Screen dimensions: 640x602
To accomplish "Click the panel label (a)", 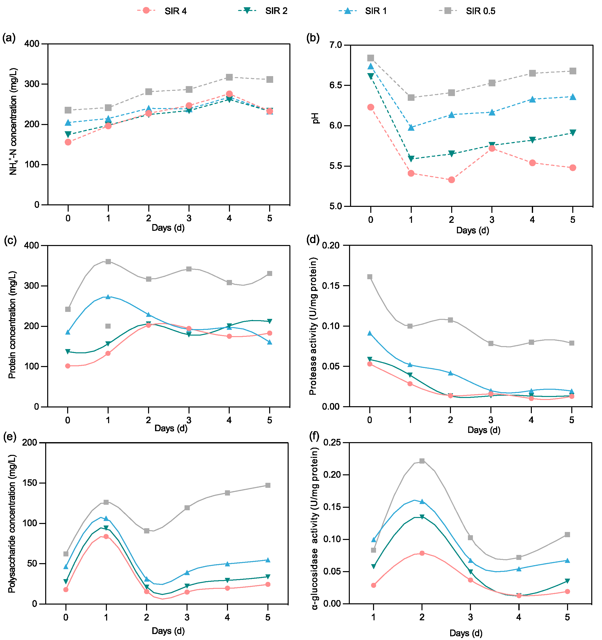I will tap(9, 38).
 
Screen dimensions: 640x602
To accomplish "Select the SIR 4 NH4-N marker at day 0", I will tap(68, 142).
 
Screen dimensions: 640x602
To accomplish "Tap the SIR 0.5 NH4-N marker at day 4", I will tap(229, 77).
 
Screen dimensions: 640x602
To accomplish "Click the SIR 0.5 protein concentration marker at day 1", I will tap(108, 261).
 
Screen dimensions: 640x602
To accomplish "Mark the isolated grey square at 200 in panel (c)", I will tap(108, 326).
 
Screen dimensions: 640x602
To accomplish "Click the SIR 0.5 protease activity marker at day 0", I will tap(370, 277).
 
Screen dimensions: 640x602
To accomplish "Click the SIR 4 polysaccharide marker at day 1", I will tap(106, 536).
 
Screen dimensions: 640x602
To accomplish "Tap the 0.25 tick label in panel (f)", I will tap(332, 442).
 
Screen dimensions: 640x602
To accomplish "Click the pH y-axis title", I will tap(316, 118).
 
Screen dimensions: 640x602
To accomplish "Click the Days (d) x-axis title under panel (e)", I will tap(168, 631).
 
